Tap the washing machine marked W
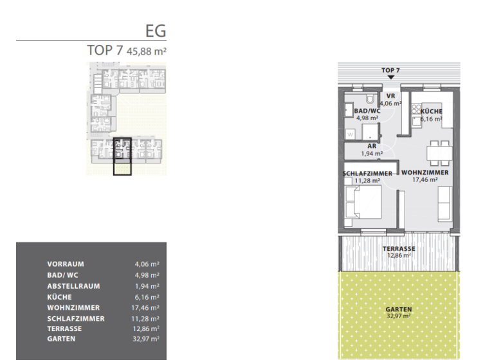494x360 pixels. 350,134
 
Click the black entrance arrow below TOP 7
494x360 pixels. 390,76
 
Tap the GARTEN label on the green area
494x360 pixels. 399,309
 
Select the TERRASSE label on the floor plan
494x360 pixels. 399,249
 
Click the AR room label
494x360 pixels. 372,146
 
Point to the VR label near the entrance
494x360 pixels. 390,96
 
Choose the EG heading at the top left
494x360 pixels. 156,30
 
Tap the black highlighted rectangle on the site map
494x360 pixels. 122,156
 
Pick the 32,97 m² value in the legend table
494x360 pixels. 147,339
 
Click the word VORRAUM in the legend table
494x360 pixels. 65,264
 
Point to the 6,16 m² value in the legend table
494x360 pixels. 147,297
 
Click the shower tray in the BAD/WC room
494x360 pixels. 370,132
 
